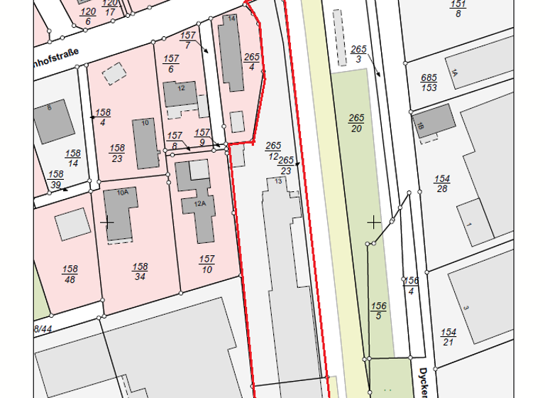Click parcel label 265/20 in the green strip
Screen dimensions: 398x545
click(356, 122)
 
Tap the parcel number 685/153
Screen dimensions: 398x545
click(428, 82)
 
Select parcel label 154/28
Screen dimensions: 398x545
click(442, 183)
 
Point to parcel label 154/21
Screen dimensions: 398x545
click(448, 337)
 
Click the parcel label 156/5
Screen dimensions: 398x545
click(378, 311)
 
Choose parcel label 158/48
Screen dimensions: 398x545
click(70, 274)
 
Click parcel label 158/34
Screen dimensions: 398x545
click(140, 271)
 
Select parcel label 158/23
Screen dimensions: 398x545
click(117, 153)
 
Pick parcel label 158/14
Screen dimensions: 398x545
click(72, 158)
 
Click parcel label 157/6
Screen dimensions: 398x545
click(171, 64)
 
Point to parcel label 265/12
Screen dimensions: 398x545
click(273, 150)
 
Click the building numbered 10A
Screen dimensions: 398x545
click(119, 213)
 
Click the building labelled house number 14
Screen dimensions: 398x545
click(231, 53)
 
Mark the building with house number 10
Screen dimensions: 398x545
click(145, 142)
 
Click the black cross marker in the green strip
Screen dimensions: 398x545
click(373, 222)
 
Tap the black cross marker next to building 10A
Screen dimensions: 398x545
click(107, 222)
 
